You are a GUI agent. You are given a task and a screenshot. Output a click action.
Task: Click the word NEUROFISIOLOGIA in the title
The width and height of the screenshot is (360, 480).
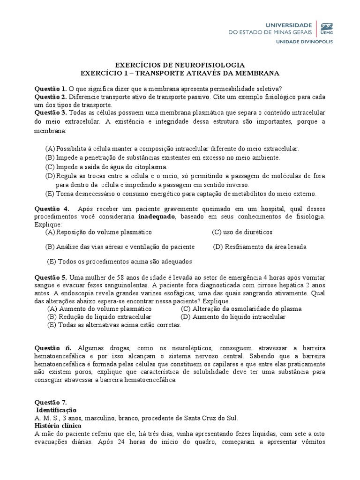(210, 65)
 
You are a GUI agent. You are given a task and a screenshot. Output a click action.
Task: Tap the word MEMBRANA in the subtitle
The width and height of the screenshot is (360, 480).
(257, 73)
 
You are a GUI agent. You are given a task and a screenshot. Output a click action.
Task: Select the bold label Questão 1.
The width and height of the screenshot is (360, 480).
(51, 88)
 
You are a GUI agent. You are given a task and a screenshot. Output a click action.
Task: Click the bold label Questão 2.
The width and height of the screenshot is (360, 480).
(51, 97)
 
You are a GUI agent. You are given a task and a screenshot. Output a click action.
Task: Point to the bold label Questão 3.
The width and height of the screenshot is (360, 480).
(51, 113)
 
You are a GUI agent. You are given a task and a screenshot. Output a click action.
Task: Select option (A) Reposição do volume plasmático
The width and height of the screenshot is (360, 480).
(98, 232)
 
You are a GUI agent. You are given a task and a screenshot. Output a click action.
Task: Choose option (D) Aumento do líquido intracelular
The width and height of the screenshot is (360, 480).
(233, 317)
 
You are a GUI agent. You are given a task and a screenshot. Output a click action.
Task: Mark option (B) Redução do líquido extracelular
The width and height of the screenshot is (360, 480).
(99, 317)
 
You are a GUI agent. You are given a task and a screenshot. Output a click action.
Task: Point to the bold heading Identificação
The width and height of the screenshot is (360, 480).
(56, 410)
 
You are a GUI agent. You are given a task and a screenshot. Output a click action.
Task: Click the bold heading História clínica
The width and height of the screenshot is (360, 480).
(58, 426)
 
